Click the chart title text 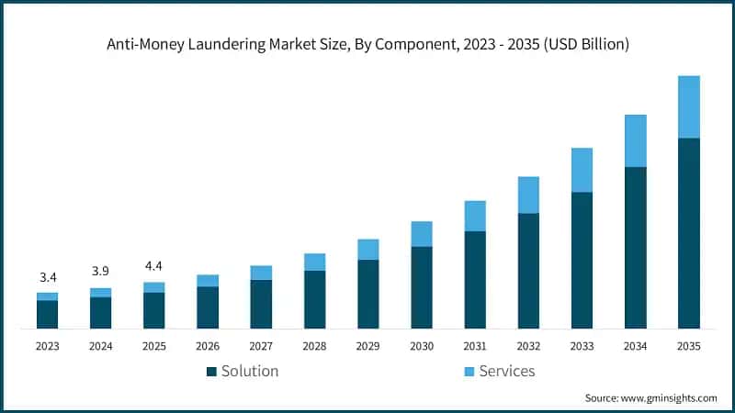pos(367,43)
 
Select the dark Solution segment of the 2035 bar pos(688,233)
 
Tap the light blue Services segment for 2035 pos(688,106)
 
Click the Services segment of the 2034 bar pos(635,140)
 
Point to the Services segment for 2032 pos(528,195)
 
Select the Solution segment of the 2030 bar pos(422,287)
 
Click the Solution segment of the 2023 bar pos(48,314)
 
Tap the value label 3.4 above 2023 pos(48,277)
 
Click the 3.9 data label pos(101,272)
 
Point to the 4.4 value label pos(154,266)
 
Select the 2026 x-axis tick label pos(208,346)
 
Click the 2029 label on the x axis pos(367,346)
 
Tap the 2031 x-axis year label pos(475,346)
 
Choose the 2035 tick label pos(688,346)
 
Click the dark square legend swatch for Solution pos(211,372)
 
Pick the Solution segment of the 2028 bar pos(315,299)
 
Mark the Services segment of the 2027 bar pos(261,273)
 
